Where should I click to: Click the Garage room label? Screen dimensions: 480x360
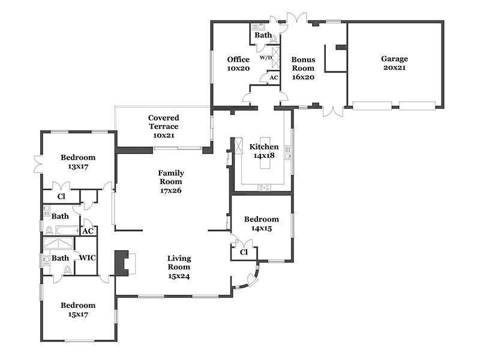[x=394, y=58]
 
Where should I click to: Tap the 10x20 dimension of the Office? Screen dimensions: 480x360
[x=238, y=68]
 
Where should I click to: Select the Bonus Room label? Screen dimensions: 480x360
[x=303, y=64]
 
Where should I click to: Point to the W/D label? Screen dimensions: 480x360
[x=266, y=57]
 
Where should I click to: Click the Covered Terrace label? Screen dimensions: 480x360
[x=163, y=122]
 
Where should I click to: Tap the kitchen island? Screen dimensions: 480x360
[x=265, y=153]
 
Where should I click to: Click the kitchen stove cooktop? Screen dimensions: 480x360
[x=264, y=187]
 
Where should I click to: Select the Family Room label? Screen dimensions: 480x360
[x=171, y=177]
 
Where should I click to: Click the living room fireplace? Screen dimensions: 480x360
[x=122, y=263]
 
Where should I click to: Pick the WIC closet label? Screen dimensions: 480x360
[x=87, y=258]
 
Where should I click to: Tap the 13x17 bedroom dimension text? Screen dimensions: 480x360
[x=78, y=167]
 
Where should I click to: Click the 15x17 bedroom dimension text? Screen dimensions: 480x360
[x=78, y=314]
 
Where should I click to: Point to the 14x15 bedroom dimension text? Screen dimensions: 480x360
[x=262, y=228]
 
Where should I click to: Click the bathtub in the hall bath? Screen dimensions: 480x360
[x=67, y=230]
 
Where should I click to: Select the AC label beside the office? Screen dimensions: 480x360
[x=274, y=78]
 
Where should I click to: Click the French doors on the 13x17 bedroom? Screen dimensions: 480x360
[x=38, y=164]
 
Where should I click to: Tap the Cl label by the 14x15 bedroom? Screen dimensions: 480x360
[x=244, y=252]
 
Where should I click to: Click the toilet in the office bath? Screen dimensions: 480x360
[x=274, y=39]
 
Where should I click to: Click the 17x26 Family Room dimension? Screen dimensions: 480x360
[x=171, y=190]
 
